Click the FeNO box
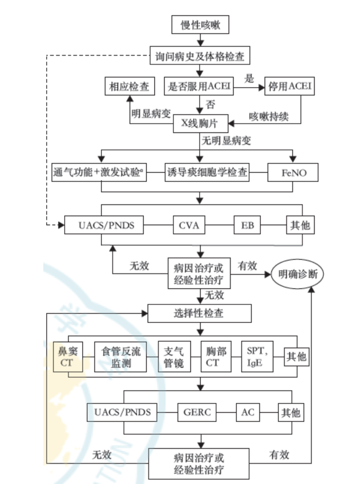[x=293, y=173]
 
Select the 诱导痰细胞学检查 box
[x=207, y=173]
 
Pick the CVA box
[x=189, y=225]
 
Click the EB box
[x=247, y=225]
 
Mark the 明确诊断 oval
[x=298, y=275]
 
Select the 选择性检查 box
[x=200, y=313]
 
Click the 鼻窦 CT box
[x=68, y=357]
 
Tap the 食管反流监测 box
[x=120, y=357]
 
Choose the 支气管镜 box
[x=174, y=357]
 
